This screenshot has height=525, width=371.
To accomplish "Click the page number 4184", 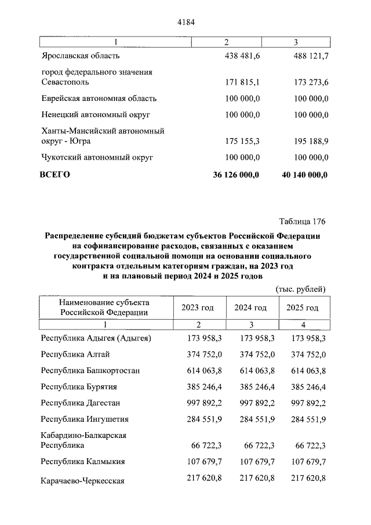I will pyautogui.click(x=185, y=23).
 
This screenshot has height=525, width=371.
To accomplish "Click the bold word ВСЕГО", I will pyautogui.click(x=54, y=173).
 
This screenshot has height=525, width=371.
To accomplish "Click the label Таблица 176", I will pyautogui.click(x=302, y=222).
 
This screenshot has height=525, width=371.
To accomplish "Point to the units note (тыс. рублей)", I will pyautogui.click(x=299, y=288).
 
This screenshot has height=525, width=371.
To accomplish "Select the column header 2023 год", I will pyautogui.click(x=198, y=307).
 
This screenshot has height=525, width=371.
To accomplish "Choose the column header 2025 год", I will pyautogui.click(x=302, y=307).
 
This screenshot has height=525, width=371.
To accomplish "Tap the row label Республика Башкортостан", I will pyautogui.click(x=90, y=370).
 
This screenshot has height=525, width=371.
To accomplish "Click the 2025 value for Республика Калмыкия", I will pyautogui.click(x=302, y=462).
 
